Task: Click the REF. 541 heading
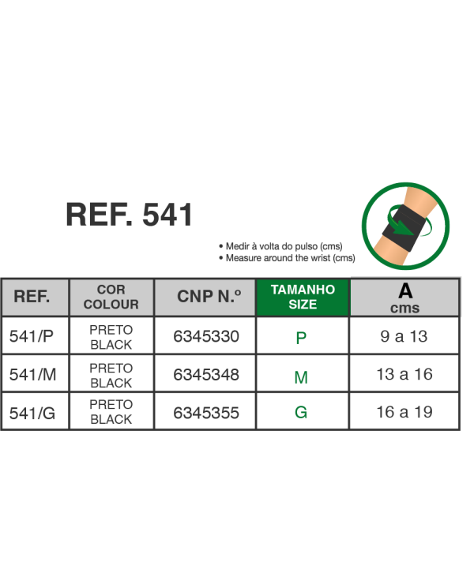click(129, 215)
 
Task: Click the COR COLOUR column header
click(111, 298)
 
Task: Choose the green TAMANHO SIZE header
click(303, 297)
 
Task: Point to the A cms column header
click(404, 298)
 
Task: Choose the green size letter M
click(301, 377)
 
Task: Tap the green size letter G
click(301, 413)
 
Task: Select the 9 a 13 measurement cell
click(404, 337)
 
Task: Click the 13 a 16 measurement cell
click(404, 375)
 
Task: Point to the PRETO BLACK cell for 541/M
click(111, 376)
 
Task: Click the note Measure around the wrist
click(289, 257)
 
